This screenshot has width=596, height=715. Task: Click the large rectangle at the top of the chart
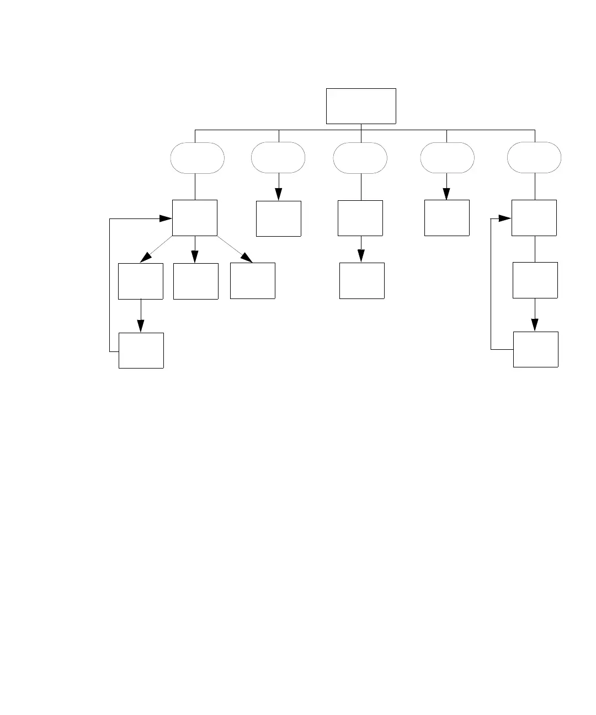click(x=361, y=106)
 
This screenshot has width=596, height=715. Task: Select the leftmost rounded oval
click(x=198, y=158)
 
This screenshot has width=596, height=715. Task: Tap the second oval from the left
click(x=278, y=158)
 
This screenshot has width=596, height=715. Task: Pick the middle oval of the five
click(x=360, y=158)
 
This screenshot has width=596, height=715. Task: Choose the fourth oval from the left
click(x=447, y=158)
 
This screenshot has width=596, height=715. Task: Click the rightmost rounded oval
click(x=534, y=158)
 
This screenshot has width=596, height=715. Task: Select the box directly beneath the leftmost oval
click(x=195, y=218)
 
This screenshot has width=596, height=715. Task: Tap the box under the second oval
click(x=279, y=218)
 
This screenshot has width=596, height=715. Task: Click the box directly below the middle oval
click(x=360, y=218)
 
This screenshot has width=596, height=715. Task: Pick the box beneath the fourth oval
click(x=447, y=218)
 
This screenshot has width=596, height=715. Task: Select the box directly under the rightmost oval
click(x=534, y=218)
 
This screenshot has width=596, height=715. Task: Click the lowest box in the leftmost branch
click(x=141, y=350)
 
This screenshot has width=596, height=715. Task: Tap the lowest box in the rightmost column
click(x=536, y=349)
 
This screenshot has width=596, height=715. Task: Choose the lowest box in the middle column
click(x=362, y=281)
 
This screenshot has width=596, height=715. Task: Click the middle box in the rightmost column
click(x=535, y=280)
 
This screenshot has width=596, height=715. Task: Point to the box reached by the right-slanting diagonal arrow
click(x=253, y=281)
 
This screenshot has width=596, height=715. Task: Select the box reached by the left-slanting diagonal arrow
click(x=141, y=281)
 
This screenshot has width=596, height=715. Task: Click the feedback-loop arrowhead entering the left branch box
click(x=166, y=218)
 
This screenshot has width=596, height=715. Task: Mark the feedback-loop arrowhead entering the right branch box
click(x=504, y=218)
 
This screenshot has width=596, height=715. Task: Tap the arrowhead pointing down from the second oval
click(x=279, y=194)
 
